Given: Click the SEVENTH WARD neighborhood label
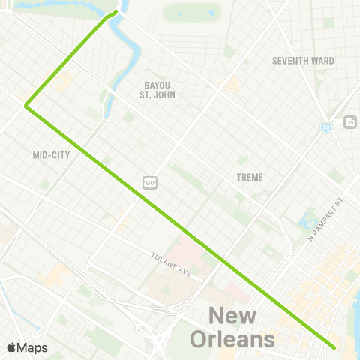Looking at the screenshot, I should (x=303, y=61).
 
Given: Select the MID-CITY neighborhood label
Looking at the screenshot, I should (x=51, y=156).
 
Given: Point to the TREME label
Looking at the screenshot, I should (x=249, y=177).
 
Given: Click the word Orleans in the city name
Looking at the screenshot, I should (x=232, y=340).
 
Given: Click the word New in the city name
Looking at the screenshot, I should (x=232, y=316).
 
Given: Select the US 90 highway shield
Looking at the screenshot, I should (x=150, y=182).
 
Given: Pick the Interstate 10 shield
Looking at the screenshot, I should (x=325, y=128).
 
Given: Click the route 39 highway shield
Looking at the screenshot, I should (x=349, y=121).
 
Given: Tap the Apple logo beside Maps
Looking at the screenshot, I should (x=11, y=348).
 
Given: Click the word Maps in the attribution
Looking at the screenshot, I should (x=32, y=348).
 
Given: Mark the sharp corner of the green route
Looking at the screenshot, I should (x=26, y=106).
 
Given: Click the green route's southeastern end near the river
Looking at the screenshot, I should (x=333, y=347).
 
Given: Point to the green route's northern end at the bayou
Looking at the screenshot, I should (x=115, y=13).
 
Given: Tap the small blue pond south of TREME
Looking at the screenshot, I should (x=307, y=222).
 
